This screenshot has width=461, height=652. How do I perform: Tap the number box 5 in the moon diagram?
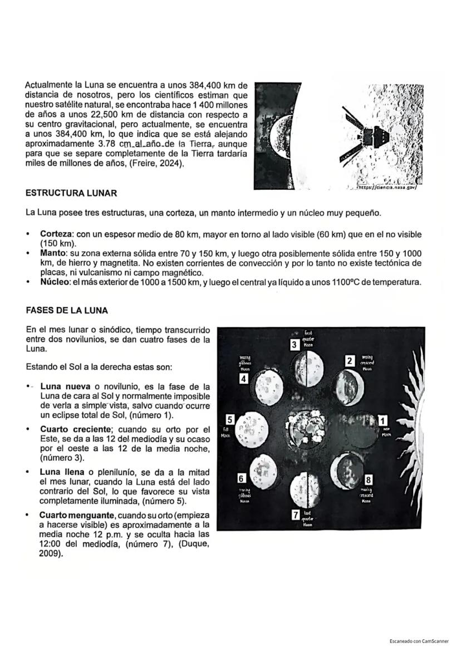tap(229, 419)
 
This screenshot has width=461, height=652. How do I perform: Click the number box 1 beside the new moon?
tap(382, 419)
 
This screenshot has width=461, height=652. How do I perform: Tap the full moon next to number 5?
tap(253, 429)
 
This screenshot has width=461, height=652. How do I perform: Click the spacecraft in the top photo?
tap(362, 133)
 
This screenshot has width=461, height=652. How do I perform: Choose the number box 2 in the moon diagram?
tap(349, 361)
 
